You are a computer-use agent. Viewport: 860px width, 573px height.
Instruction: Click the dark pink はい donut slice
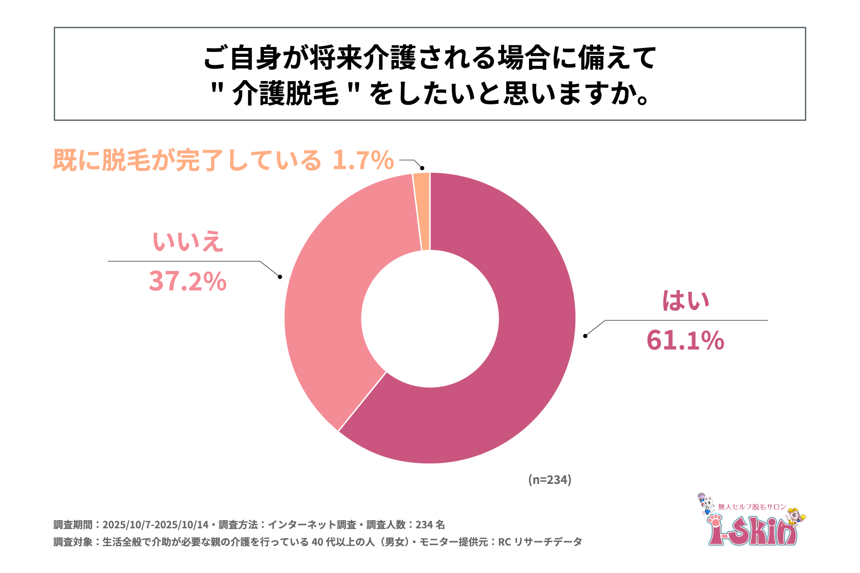click(x=515, y=381)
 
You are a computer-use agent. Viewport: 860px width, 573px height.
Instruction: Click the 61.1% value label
click(x=685, y=340)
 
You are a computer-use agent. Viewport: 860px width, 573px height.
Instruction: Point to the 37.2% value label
click(x=187, y=281)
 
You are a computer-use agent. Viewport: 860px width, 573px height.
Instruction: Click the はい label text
click(x=686, y=301)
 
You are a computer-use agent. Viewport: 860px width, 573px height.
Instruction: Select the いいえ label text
click(x=188, y=242)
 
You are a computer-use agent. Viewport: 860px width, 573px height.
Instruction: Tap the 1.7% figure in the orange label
click(x=363, y=160)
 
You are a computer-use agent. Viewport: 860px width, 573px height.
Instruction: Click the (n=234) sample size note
click(x=550, y=479)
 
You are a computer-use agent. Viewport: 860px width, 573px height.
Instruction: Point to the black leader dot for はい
click(x=585, y=336)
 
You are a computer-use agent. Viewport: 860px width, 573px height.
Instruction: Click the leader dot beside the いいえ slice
click(x=280, y=277)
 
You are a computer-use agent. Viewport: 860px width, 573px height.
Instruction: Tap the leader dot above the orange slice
click(x=422, y=168)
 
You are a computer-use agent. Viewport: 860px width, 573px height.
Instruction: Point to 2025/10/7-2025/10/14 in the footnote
click(x=155, y=525)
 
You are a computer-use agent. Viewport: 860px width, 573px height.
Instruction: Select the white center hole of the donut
click(x=430, y=318)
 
